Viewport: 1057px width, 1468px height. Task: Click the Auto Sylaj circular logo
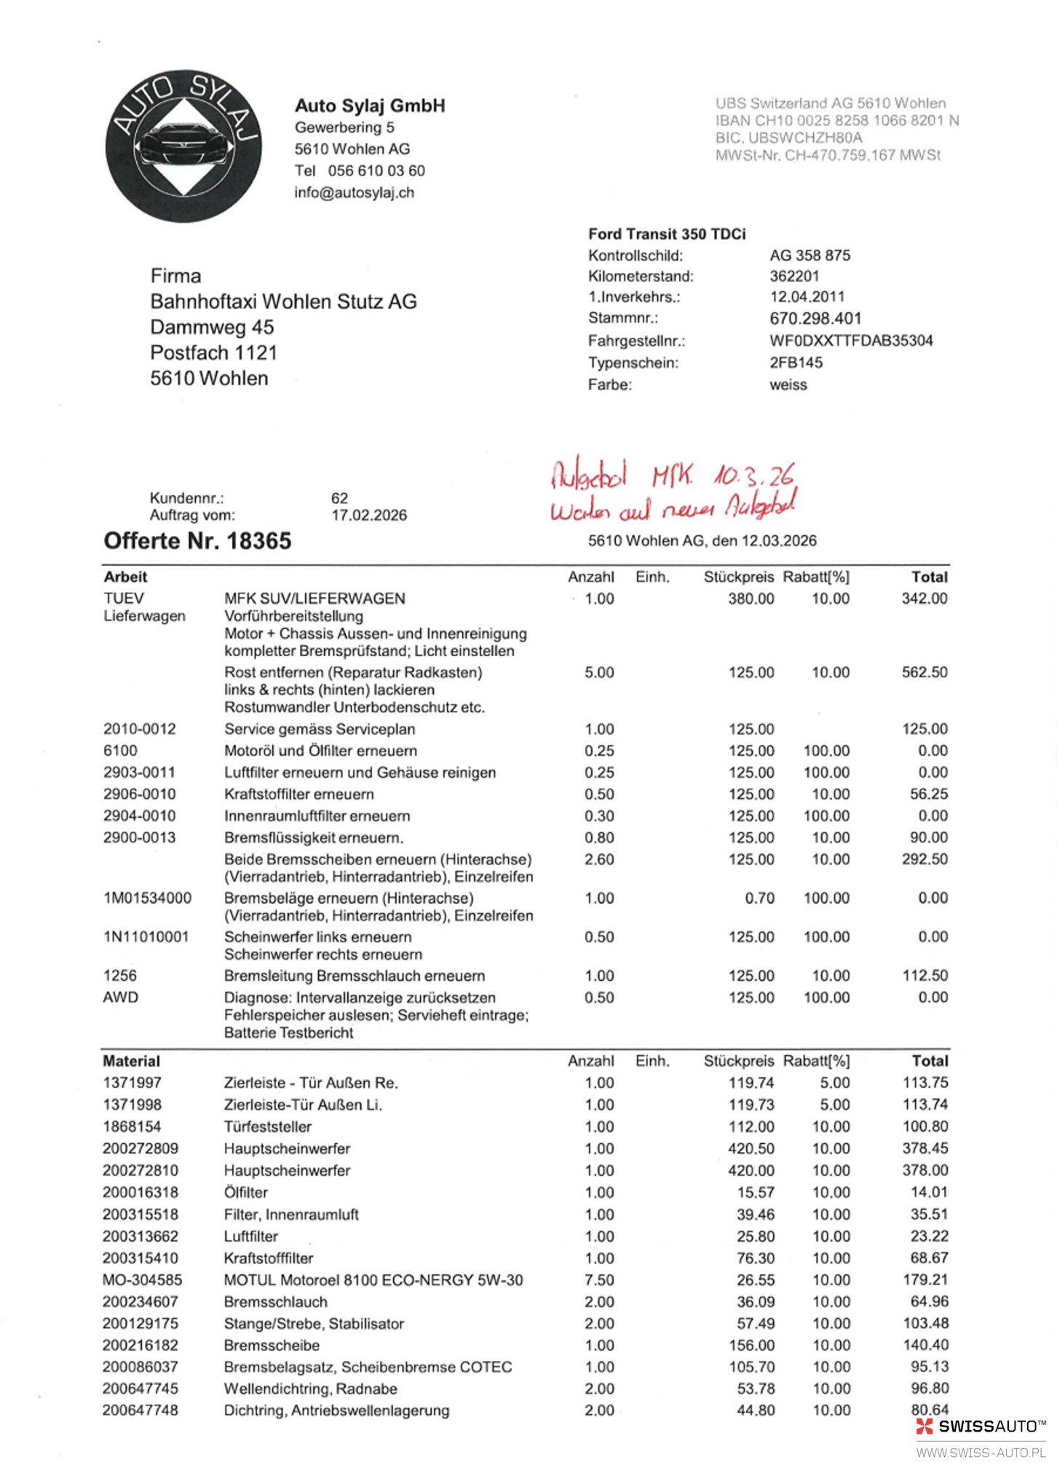pos(183,146)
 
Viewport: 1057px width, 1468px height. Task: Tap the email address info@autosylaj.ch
pos(354,193)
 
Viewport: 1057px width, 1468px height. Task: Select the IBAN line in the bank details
pos(836,120)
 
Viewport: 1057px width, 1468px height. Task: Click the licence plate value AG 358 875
pos(809,256)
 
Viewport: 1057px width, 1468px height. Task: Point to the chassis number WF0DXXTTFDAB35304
pos(850,341)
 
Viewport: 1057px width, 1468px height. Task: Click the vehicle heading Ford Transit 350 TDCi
pos(667,234)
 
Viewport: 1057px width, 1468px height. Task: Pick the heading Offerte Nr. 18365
pos(197,541)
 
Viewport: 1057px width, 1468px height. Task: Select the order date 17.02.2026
pos(369,516)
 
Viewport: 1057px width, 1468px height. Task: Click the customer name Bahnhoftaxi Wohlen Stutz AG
pos(283,301)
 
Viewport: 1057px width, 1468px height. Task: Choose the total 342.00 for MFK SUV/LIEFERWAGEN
pos(924,599)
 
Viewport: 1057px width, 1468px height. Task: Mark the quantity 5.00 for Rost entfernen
pos(598,672)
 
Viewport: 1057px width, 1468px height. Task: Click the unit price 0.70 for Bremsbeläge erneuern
pos(759,898)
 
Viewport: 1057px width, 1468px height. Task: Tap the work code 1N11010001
pos(146,937)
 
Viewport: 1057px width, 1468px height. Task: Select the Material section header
pos(131,1061)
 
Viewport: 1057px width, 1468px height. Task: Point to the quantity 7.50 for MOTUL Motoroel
pos(598,1279)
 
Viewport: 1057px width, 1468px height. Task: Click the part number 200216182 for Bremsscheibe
pos(140,1345)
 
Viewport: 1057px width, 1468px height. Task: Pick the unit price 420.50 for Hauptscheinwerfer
pos(751,1148)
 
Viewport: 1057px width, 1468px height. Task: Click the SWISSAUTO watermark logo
pos(981,1426)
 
